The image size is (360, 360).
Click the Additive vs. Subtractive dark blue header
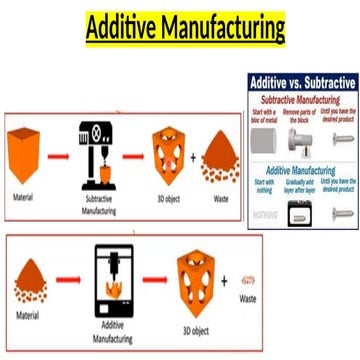point(302,82)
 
